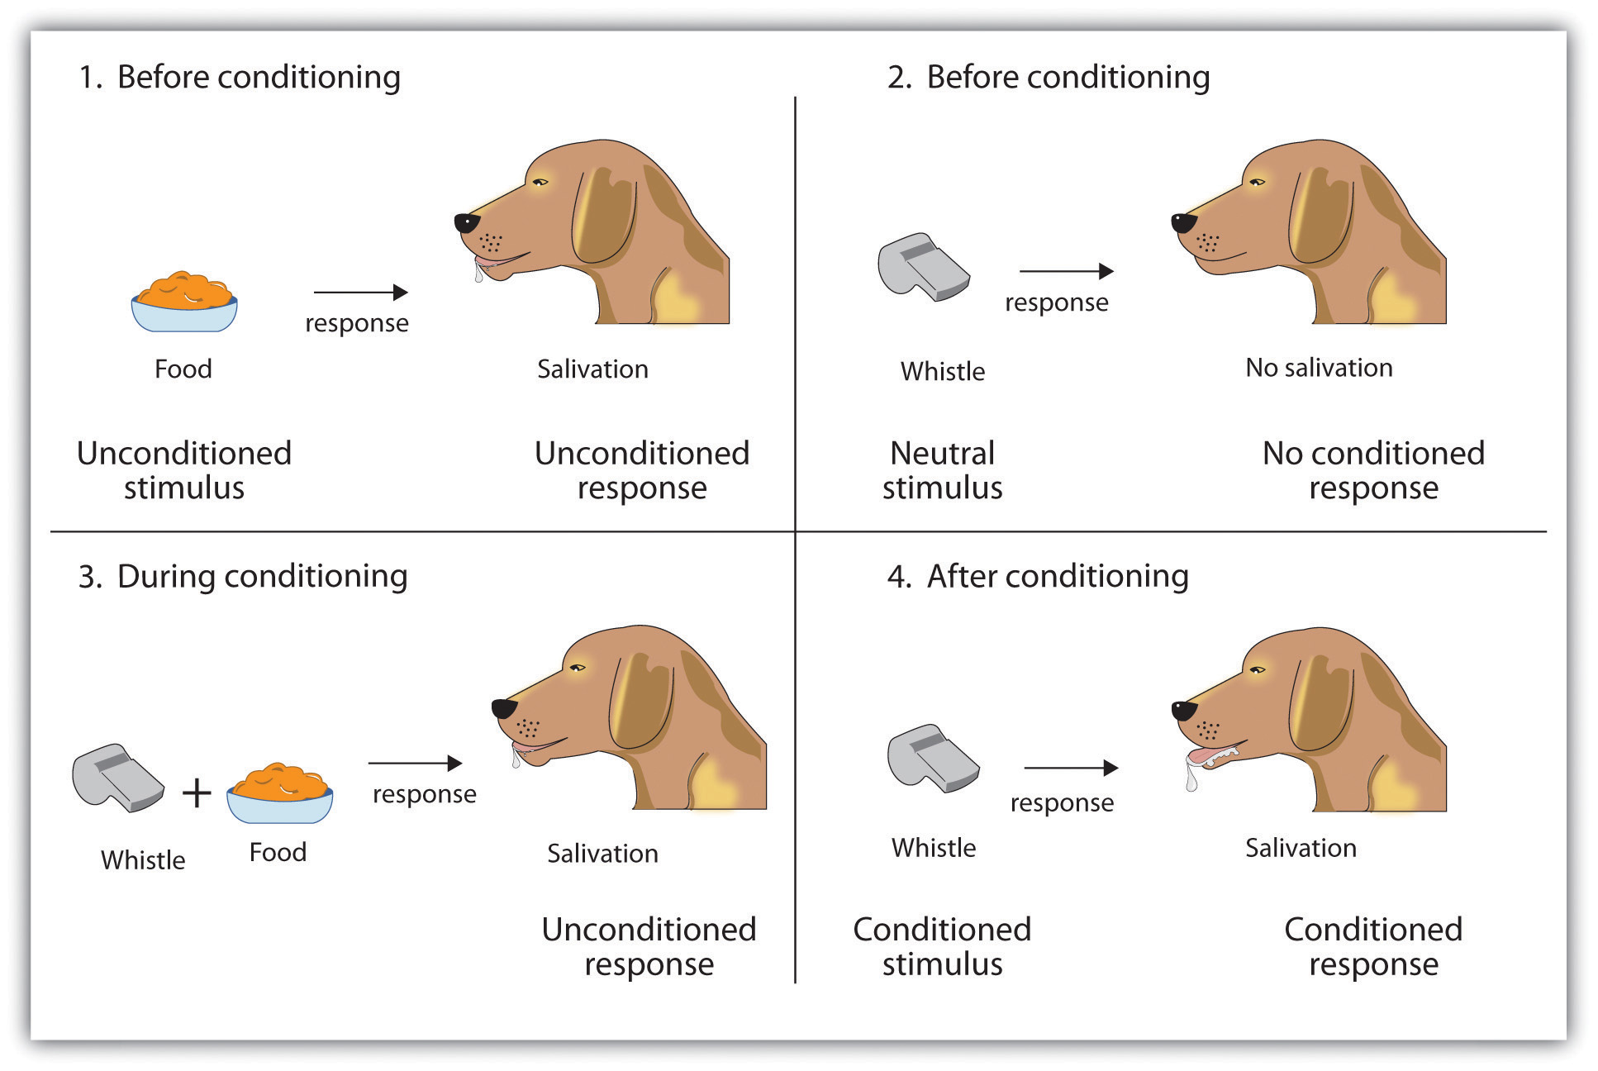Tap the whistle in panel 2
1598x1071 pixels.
(x=922, y=267)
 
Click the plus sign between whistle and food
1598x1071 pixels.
(x=197, y=793)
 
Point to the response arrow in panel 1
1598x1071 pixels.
(x=360, y=292)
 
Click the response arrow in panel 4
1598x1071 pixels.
(x=1070, y=768)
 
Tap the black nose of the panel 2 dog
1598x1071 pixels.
(x=1183, y=222)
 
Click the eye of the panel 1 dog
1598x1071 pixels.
(x=540, y=183)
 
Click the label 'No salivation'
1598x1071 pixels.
(x=1319, y=368)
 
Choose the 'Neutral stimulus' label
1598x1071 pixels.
(x=942, y=470)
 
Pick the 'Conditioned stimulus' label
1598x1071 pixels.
(x=942, y=946)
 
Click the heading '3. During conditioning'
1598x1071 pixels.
(x=243, y=576)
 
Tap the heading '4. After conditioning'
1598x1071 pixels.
(x=1038, y=576)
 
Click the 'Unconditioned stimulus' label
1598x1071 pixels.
(x=183, y=470)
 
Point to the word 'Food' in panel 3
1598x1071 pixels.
(x=278, y=852)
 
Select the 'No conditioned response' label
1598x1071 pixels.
(x=1373, y=470)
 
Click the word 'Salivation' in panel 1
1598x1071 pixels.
(x=592, y=369)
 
